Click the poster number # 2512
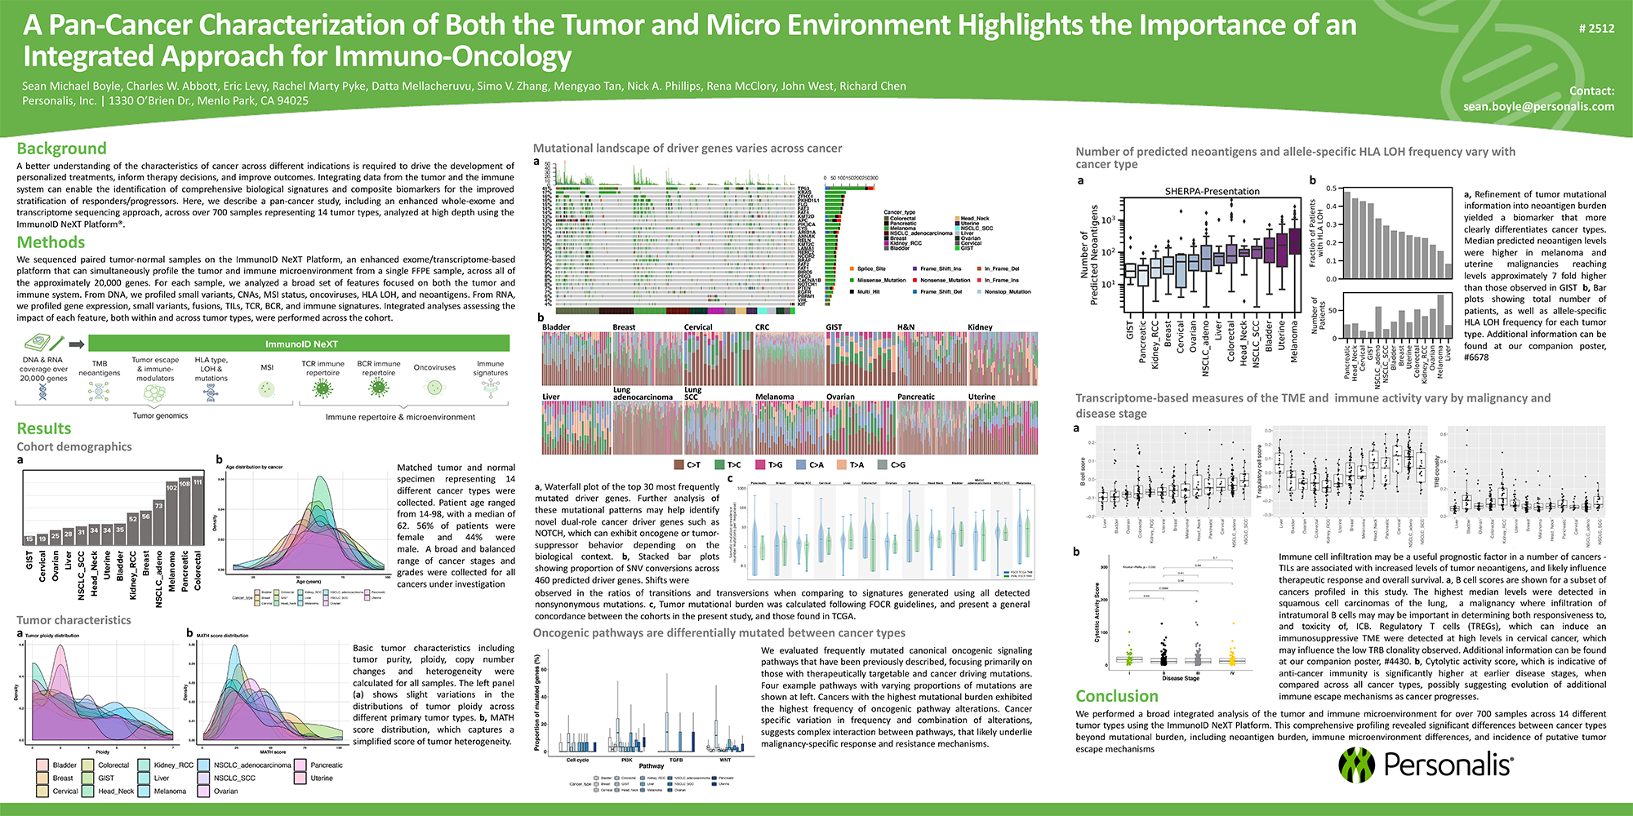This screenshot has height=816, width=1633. coord(1596,29)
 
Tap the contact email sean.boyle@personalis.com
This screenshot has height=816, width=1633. coord(1538,106)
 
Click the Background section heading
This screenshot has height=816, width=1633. coord(62,149)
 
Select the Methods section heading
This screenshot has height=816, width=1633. coord(51,242)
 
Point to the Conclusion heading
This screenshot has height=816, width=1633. coord(1116,696)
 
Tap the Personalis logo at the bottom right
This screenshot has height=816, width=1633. coord(1425,765)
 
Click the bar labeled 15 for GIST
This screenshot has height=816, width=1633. coord(29,539)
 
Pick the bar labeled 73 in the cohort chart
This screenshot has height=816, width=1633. coord(158,523)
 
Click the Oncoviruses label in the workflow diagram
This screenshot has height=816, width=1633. coord(434,368)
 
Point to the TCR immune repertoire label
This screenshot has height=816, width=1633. coord(323,368)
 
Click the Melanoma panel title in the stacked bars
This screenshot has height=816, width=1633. coord(774,397)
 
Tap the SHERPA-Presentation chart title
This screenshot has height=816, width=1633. coord(1212,191)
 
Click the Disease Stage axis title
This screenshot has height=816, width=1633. coord(1181,678)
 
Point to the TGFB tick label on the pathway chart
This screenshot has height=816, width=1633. coord(675,760)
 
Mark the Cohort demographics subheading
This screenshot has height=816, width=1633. coord(74,447)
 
